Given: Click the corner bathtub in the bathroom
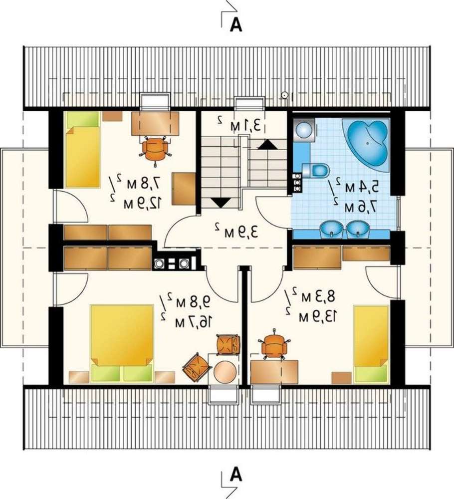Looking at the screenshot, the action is pyautogui.click(x=368, y=144).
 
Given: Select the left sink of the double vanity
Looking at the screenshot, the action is pyautogui.click(x=332, y=229).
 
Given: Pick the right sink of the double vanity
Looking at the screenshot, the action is pyautogui.click(x=358, y=229).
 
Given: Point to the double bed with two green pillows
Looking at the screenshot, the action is pyautogui.click(x=122, y=344).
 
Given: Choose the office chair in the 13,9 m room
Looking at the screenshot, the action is pyautogui.click(x=274, y=345).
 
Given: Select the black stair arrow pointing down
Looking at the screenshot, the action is pyautogui.click(x=221, y=203).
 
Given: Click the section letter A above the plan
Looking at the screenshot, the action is pyautogui.click(x=236, y=24).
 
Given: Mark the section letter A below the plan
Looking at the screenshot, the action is pyautogui.click(x=236, y=475).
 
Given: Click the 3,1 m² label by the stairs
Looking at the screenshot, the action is pyautogui.click(x=239, y=124).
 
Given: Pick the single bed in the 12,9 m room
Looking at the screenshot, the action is pyautogui.click(x=82, y=149).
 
